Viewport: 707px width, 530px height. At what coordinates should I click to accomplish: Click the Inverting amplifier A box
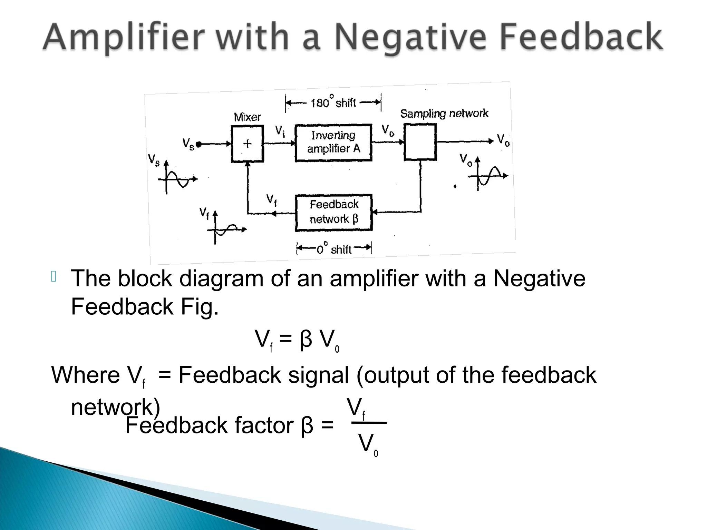tap(333, 143)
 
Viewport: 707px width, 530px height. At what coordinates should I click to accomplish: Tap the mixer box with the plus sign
tap(247, 144)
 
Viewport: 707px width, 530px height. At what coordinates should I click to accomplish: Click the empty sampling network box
tap(420, 142)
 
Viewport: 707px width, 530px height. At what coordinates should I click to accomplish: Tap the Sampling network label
tap(444, 114)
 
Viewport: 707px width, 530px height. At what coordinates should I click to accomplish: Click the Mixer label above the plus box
tap(247, 117)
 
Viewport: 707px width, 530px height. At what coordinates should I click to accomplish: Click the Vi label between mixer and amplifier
tap(280, 131)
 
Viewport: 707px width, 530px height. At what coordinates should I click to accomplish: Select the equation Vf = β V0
tap(297, 340)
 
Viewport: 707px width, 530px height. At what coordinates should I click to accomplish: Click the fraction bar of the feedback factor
tap(369, 423)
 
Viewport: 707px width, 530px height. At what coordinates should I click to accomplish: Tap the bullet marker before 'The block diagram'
tap(54, 277)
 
